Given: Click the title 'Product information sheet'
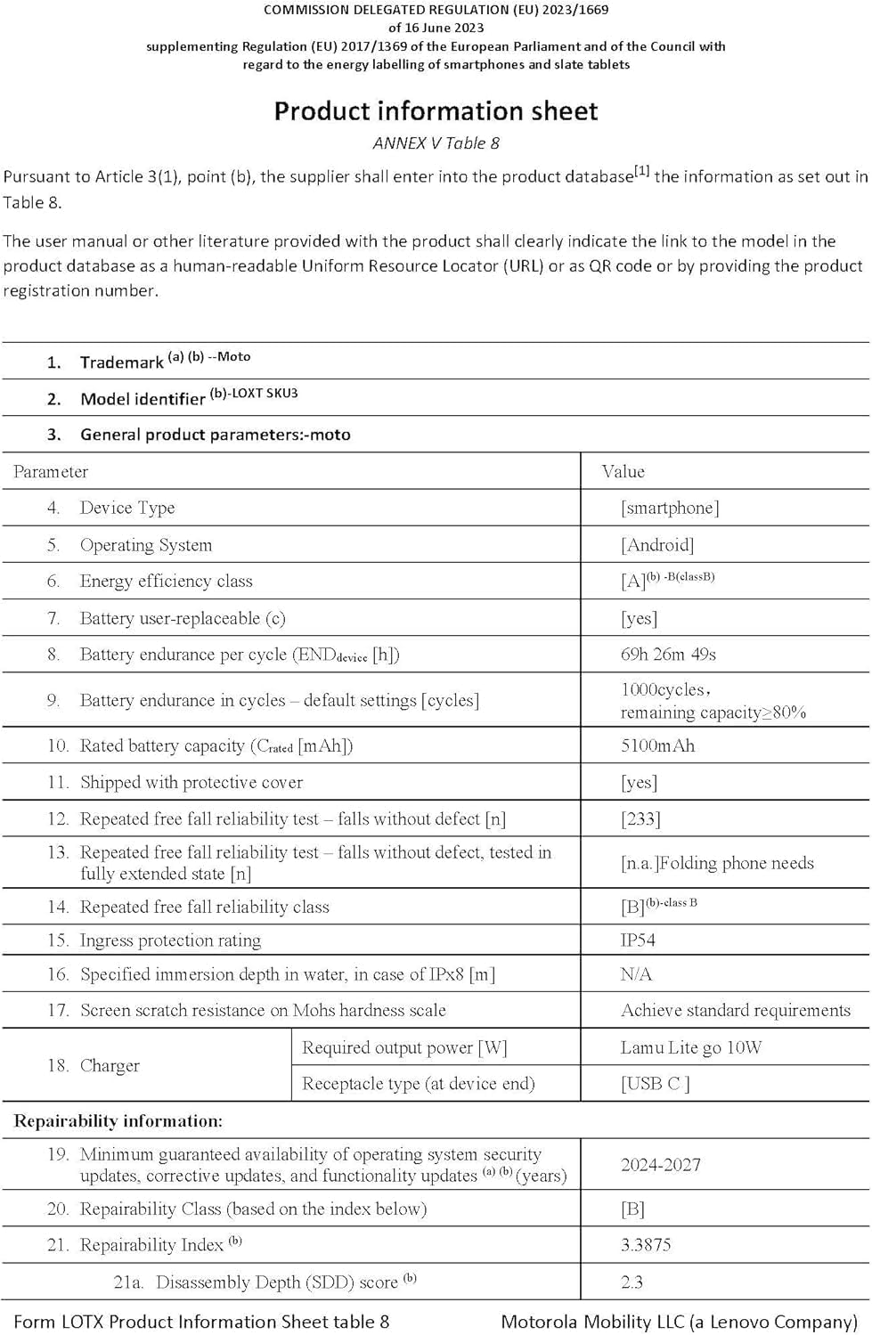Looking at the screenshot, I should click(x=436, y=111).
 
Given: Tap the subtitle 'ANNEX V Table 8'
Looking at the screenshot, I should click(x=436, y=143).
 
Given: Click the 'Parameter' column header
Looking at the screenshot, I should click(x=51, y=472).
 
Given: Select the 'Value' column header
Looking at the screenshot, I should click(x=623, y=472).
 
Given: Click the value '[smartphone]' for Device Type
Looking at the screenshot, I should click(x=670, y=509).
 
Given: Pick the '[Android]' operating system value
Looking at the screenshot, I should click(x=657, y=545).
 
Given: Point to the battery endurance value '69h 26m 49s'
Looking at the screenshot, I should click(x=668, y=655).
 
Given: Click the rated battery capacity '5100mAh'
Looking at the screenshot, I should click(x=657, y=746).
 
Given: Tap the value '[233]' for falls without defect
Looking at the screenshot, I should click(x=640, y=819).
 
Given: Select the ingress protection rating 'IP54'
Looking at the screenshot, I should click(x=638, y=940).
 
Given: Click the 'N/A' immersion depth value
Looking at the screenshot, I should click(x=636, y=974).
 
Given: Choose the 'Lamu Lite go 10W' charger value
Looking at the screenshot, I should click(x=691, y=1048).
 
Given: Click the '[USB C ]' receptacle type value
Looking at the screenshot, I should click(x=656, y=1084).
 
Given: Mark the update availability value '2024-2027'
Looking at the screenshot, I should click(x=661, y=1165).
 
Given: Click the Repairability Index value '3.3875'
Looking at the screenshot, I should click(x=646, y=1245).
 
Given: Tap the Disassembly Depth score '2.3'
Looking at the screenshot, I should click(x=632, y=1282).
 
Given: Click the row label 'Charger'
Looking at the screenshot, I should click(x=110, y=1066).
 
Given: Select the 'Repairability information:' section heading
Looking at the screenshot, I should click(x=118, y=1121).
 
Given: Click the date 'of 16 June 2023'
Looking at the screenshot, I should click(x=436, y=28).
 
